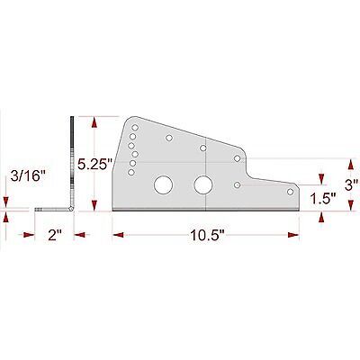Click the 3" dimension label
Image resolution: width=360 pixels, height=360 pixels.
[351, 183]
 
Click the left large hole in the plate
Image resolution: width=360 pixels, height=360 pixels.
[165, 184]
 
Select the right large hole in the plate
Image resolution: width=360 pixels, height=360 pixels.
[204, 184]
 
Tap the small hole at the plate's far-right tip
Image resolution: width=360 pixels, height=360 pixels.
[290, 191]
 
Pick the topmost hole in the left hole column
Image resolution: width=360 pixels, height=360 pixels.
[131, 125]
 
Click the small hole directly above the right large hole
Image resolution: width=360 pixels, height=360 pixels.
[203, 148]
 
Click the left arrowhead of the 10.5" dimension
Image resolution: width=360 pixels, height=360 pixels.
[118, 235]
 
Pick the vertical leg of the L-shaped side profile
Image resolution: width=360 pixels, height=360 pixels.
[69, 162]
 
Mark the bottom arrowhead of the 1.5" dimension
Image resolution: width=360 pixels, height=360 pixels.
[319, 210]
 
